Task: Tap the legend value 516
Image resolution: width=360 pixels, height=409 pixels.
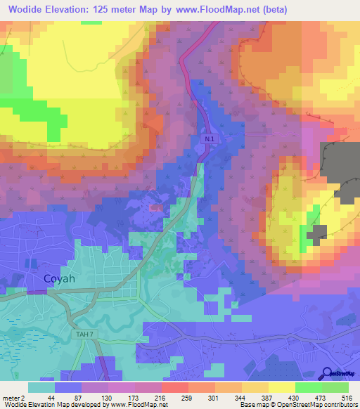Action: [345, 398]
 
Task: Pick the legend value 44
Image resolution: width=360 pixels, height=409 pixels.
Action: [52, 398]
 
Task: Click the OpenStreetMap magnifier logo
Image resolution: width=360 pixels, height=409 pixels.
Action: [327, 374]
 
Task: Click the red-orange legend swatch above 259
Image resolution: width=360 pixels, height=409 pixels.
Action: [174, 387]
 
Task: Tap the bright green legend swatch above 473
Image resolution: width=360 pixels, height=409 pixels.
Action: [308, 387]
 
